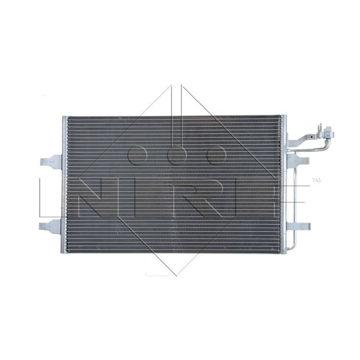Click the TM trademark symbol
[316, 181]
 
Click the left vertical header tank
[65, 185]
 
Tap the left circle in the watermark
[138, 154]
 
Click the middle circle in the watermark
[176, 154]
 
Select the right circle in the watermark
[215, 154]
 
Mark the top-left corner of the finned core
[69, 118]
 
